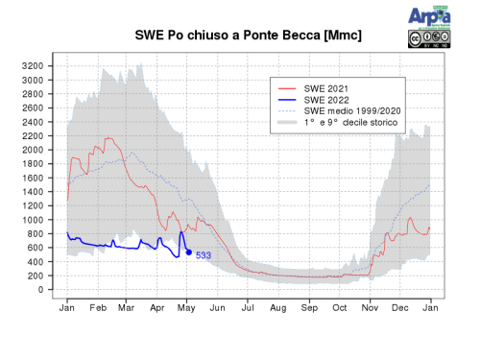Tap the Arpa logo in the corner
click(427, 16)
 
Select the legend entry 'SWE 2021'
click(326, 88)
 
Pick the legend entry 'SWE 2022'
click(326, 100)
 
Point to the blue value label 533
click(204, 255)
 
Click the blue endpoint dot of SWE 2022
click(188, 252)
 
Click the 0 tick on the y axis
click(41, 289)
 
